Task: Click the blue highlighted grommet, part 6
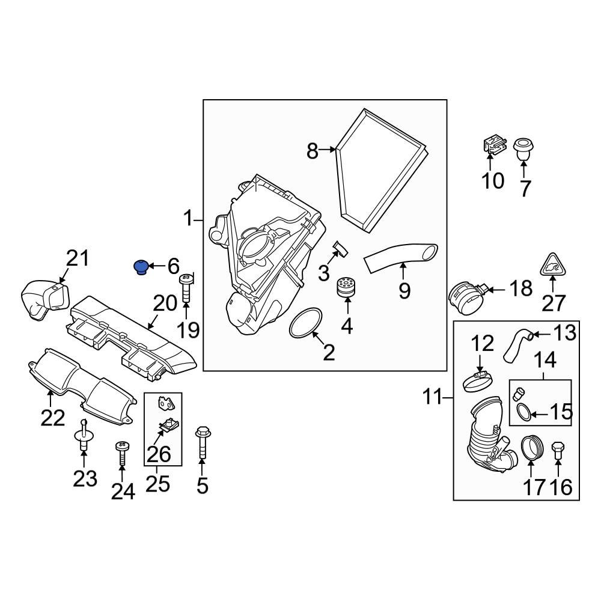click(140, 266)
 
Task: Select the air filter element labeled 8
click(382, 171)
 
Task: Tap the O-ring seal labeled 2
click(306, 325)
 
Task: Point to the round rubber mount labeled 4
click(344, 287)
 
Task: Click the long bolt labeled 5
click(202, 445)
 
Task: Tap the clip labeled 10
click(492, 147)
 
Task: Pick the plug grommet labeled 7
click(525, 148)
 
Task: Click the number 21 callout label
click(77, 259)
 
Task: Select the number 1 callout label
click(188, 219)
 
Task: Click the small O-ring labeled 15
click(523, 412)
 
